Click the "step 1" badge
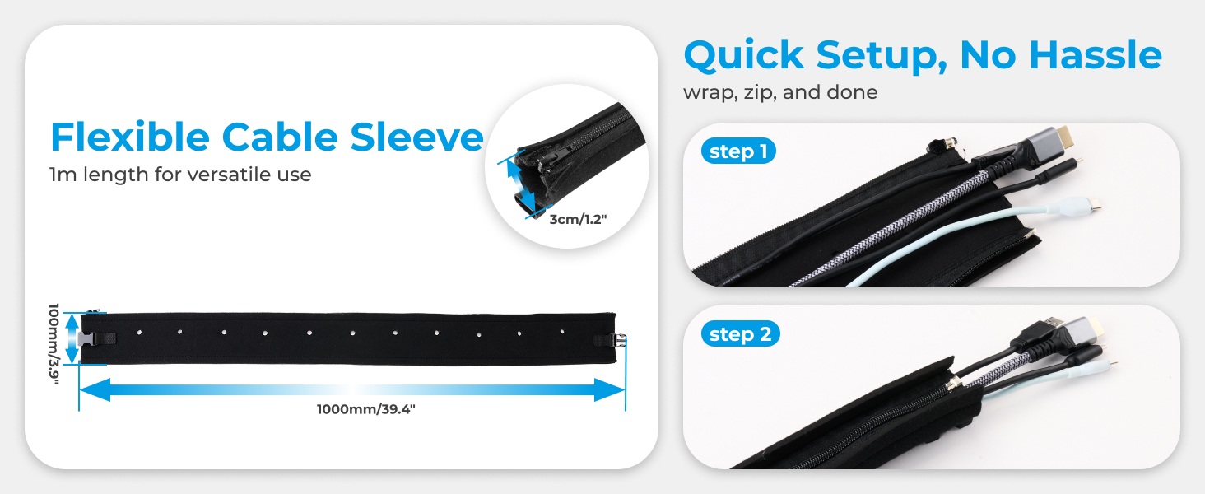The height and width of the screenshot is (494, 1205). [x=738, y=151]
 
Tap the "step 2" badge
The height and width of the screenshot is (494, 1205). [x=740, y=334]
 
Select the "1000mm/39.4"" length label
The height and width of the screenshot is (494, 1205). [x=365, y=409]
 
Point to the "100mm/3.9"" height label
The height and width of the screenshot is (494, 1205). [x=54, y=344]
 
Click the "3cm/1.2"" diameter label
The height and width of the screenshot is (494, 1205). [x=578, y=220]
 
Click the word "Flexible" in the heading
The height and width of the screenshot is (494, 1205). [x=130, y=137]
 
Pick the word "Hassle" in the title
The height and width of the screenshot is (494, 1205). [x=1096, y=55]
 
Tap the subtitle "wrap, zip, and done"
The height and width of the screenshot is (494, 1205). [x=780, y=92]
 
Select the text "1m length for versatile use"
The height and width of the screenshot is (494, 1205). [x=180, y=175]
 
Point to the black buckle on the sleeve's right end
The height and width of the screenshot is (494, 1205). [x=618, y=341]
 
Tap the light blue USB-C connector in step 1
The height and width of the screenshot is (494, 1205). [x=1078, y=205]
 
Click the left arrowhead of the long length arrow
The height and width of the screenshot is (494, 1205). [x=95, y=389]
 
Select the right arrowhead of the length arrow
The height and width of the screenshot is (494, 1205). [x=609, y=389]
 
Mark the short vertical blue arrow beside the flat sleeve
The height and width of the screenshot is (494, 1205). [x=72, y=338]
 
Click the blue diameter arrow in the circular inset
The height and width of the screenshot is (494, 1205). [x=521, y=185]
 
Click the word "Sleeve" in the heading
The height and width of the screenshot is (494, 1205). [x=417, y=137]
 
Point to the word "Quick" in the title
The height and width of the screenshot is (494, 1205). [x=744, y=56]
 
